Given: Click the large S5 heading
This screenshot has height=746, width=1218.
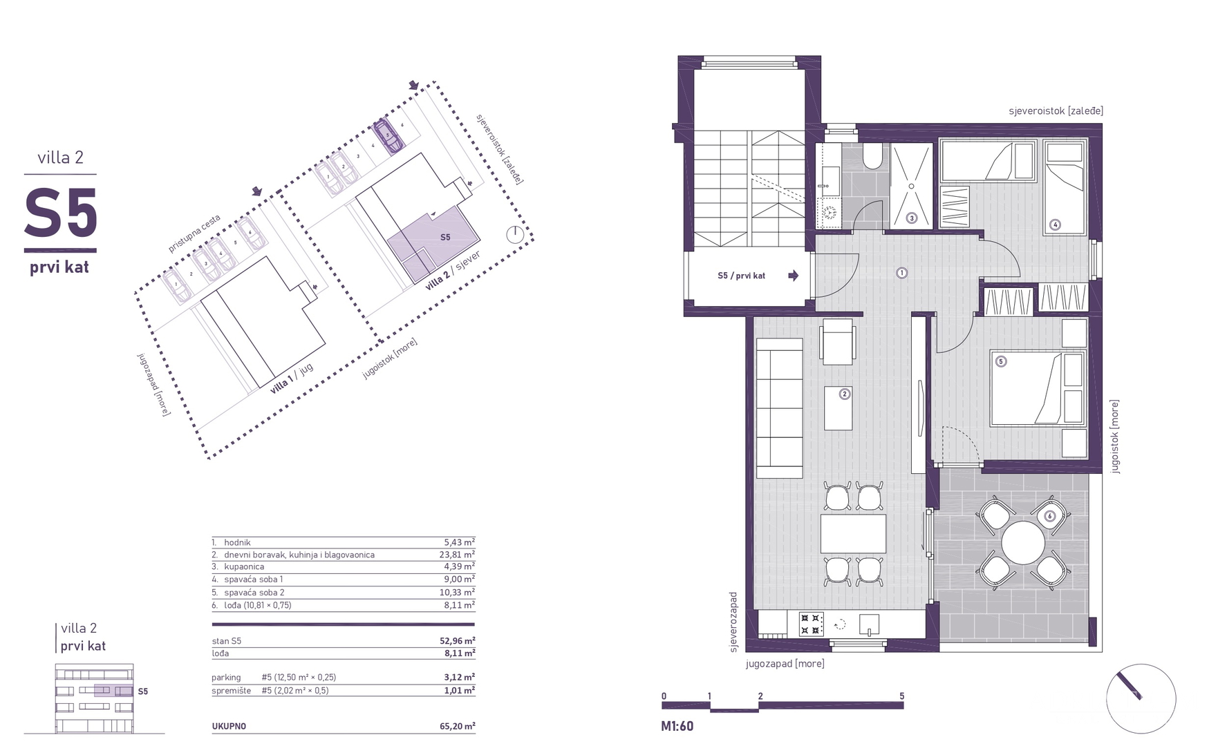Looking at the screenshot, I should pos(61,213).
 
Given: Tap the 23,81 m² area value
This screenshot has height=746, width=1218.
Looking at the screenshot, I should pos(459,554).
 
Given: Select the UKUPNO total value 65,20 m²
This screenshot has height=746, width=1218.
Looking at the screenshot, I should pos(459,726).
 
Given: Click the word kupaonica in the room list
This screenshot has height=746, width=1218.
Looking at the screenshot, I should pos(244,566).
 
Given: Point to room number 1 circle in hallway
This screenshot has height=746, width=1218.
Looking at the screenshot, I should pos(901,273).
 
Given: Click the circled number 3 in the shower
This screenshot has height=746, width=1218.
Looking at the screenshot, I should pos(911,218).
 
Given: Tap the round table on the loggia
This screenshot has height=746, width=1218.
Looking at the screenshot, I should pos(1023,543).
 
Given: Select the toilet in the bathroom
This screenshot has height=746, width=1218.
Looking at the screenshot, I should pos(872,157).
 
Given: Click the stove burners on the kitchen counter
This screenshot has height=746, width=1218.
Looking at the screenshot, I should pos(811,624).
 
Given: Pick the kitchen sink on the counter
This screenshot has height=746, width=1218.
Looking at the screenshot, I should pos(869,624).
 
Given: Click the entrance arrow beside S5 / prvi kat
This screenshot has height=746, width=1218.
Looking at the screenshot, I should pos(793,276).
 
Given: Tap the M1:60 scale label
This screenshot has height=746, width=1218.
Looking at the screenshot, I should pos(677,726).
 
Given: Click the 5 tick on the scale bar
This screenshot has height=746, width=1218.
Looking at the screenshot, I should pos(901,696).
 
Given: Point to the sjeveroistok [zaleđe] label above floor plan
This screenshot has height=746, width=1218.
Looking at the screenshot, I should pos(1056,111).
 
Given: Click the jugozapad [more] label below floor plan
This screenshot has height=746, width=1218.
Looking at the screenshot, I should pos(785,664).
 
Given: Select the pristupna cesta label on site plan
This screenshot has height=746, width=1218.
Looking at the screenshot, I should pos(195,233).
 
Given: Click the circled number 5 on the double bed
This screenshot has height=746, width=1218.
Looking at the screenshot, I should pos(1000,361).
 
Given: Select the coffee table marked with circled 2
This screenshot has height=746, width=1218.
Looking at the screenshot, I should pos(838,408).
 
